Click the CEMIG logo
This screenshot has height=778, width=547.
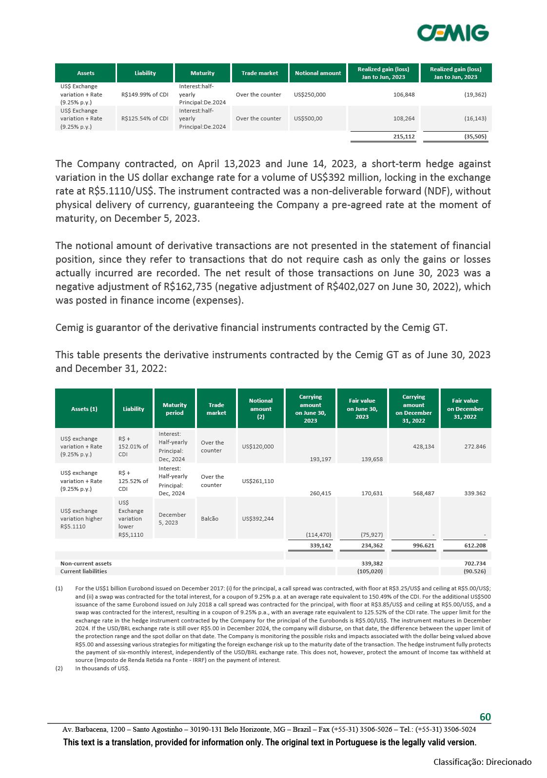[453, 33]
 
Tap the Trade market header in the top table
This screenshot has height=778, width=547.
[260, 73]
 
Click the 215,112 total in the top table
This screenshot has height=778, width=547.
[404, 136]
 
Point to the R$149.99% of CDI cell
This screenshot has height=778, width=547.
[145, 95]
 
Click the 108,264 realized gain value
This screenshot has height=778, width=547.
[404, 118]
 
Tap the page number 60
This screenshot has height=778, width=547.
[485, 717]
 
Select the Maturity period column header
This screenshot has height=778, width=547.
[175, 409]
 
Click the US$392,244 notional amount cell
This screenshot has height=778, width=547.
[258, 519]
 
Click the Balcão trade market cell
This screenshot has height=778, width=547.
[210, 519]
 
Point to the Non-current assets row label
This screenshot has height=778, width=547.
[86, 564]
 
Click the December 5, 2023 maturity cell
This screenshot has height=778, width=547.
[172, 519]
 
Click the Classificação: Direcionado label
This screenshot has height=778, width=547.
[483, 762]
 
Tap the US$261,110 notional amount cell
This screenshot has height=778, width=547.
[258, 481]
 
